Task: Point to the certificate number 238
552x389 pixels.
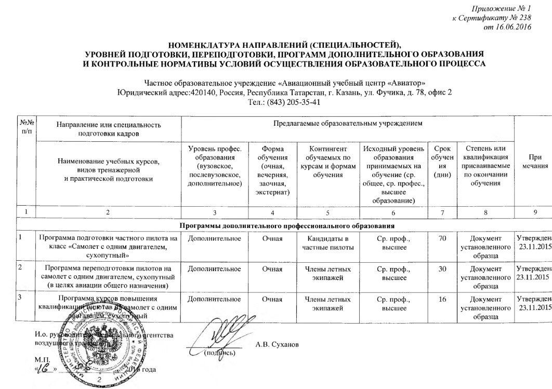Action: point(524,18)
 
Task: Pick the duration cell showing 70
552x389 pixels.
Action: point(441,238)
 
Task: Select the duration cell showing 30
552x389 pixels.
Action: point(441,269)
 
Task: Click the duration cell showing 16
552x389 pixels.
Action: point(441,300)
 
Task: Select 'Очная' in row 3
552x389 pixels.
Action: point(272,300)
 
